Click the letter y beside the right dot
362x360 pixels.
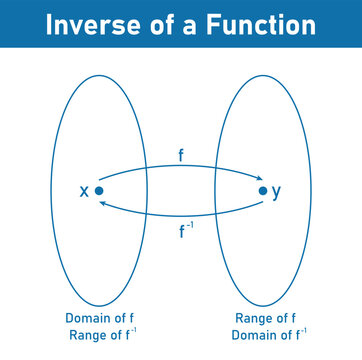(x=277, y=191)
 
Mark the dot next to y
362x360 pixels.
(x=262, y=191)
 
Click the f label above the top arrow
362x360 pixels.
(x=181, y=155)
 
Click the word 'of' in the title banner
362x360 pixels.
(x=150, y=25)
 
